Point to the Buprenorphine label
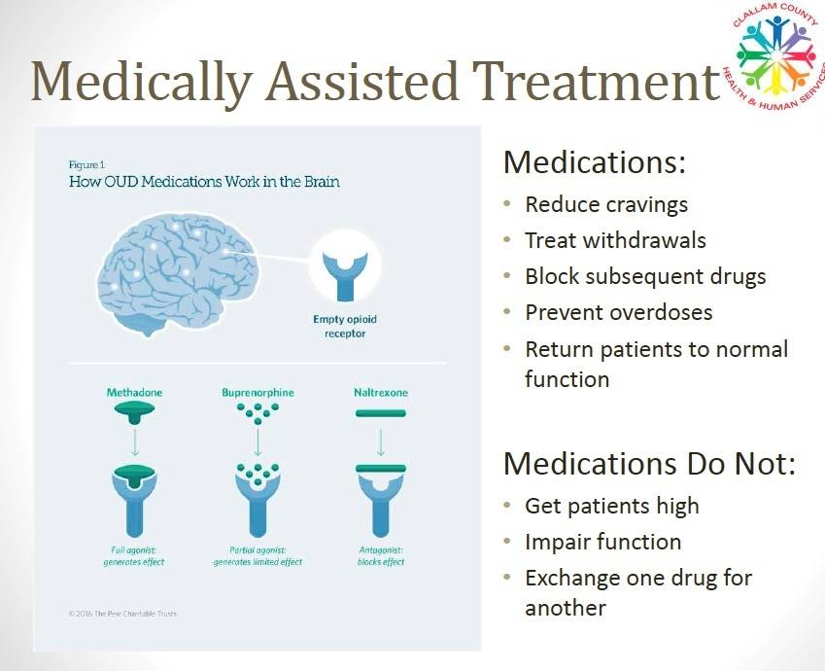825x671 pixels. coord(258,393)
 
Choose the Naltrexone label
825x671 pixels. coord(380,393)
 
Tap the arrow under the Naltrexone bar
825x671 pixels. coord(380,442)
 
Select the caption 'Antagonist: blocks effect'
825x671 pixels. coord(380,556)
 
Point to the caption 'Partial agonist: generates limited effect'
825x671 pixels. coord(258,556)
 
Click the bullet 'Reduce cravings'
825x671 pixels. coord(606,204)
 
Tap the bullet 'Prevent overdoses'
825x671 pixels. coord(618,312)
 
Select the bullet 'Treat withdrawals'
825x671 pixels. coord(615,240)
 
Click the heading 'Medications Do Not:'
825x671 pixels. coord(649,464)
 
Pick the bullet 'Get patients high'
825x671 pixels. coord(611,506)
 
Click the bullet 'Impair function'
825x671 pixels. coord(602,542)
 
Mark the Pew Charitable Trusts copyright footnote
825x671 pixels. coord(123,614)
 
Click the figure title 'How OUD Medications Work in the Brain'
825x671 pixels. coord(203,182)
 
